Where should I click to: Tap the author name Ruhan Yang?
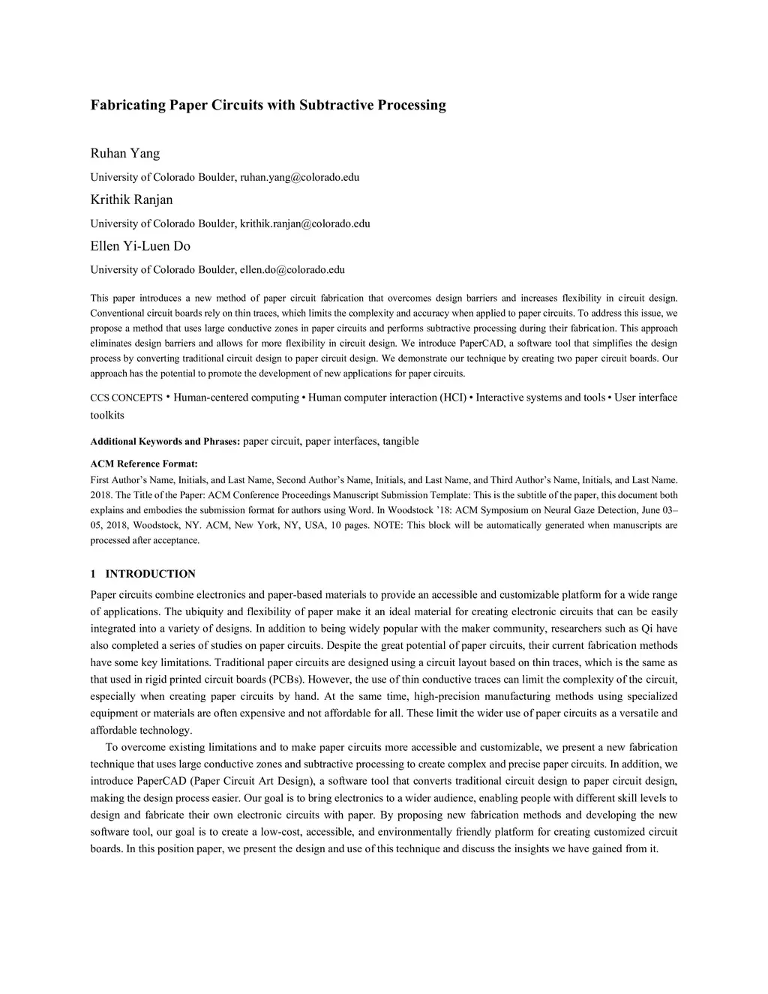[125, 154]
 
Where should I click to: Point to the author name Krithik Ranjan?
[131, 200]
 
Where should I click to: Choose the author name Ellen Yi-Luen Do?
[140, 246]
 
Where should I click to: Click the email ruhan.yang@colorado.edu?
[299, 177]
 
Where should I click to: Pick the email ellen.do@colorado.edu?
[292, 270]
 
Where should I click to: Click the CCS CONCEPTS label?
[126, 398]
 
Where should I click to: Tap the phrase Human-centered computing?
[236, 398]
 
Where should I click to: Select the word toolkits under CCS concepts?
[107, 416]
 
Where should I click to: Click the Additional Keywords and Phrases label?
[165, 442]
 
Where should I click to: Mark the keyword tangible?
[400, 441]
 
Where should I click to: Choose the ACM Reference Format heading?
[144, 464]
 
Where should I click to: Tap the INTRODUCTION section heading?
[150, 574]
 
